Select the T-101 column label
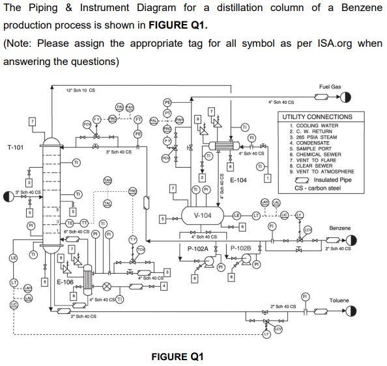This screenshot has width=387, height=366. (x=16, y=148)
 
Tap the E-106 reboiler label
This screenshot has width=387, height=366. (x=64, y=282)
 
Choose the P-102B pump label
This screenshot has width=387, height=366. (x=241, y=248)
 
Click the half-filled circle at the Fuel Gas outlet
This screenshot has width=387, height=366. (x=345, y=97)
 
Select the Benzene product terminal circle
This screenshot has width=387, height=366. (x=351, y=239)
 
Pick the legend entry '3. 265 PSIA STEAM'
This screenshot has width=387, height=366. (x=310, y=137)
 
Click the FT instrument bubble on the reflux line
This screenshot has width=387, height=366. (x=138, y=119)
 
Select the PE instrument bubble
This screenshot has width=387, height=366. (x=167, y=103)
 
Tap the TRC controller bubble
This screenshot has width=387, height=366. (x=133, y=190)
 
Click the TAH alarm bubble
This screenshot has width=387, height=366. (x=108, y=180)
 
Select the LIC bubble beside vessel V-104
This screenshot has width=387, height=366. (x=285, y=215)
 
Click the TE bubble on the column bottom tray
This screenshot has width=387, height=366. (x=70, y=222)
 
